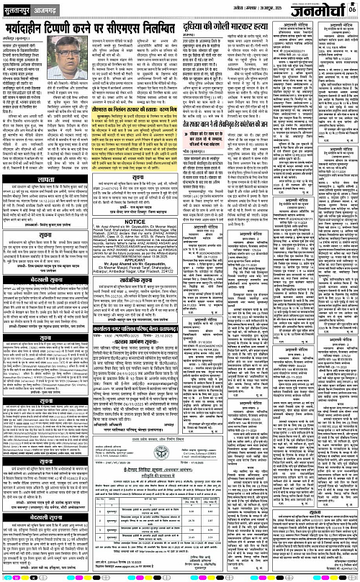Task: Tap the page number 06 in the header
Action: point(354,8)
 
